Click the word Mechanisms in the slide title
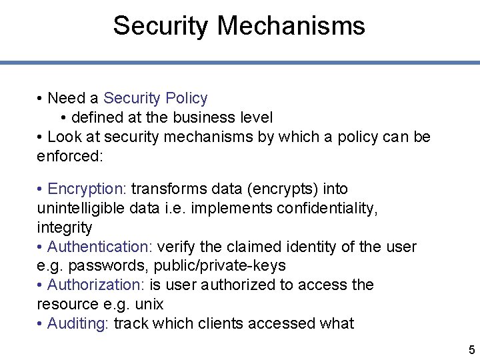(291, 26)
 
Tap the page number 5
(471, 349)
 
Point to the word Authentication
(99, 247)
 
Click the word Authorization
(95, 285)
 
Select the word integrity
(65, 227)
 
